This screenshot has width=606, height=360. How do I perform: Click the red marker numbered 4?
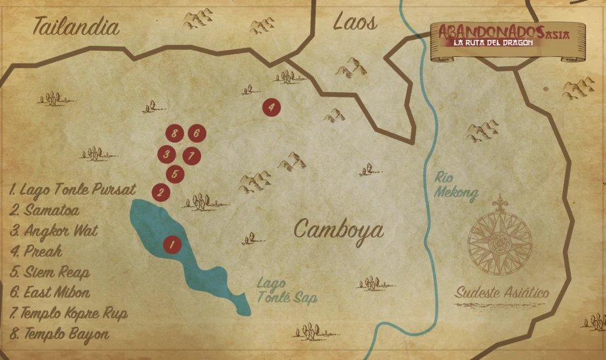(271, 106)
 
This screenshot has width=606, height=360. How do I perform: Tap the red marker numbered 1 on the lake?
(171, 245)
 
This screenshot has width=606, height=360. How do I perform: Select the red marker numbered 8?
(174, 134)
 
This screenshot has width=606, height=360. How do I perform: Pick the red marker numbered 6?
(197, 134)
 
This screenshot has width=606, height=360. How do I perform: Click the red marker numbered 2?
(161, 193)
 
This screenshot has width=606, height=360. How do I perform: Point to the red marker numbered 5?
(175, 174)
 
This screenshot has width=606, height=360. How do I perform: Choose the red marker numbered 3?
(167, 155)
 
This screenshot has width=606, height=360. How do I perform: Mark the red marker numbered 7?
(190, 155)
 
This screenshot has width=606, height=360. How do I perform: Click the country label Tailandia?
(76, 27)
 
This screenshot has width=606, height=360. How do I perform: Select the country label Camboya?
(338, 229)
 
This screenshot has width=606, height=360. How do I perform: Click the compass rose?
(500, 235)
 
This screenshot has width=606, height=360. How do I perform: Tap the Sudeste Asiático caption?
(502, 293)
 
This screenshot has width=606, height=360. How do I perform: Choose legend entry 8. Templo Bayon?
(59, 333)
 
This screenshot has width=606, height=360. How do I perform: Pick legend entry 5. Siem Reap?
(50, 272)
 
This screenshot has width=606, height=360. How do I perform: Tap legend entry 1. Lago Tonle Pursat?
(72, 190)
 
